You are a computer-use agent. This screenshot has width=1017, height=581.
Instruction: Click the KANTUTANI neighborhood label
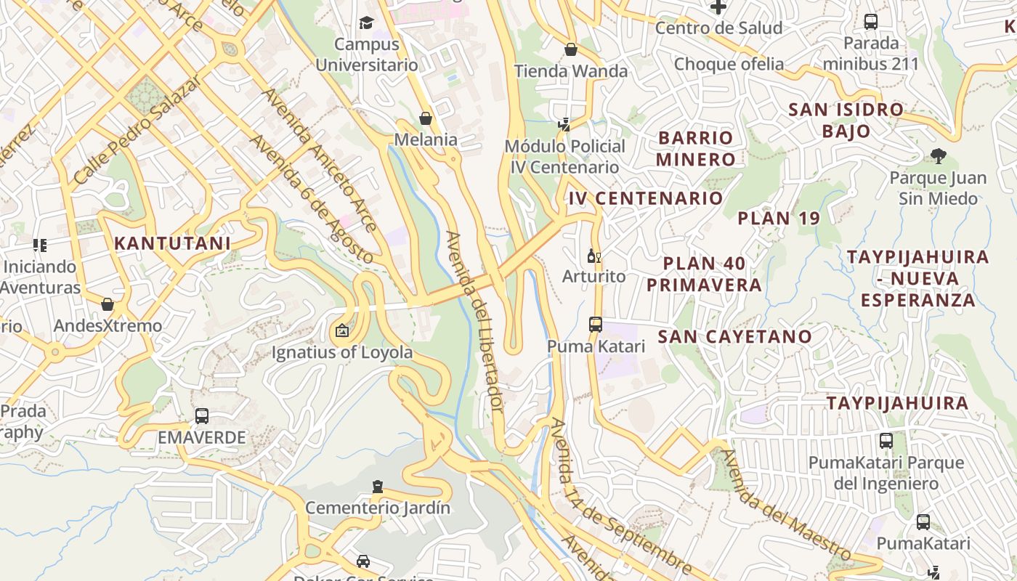[172, 243]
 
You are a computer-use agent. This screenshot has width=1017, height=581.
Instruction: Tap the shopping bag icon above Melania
[426, 118]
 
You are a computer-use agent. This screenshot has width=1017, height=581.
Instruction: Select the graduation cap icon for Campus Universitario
[366, 23]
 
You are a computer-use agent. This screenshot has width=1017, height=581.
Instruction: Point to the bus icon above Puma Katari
[596, 324]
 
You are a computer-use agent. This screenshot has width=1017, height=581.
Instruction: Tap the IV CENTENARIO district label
[646, 198]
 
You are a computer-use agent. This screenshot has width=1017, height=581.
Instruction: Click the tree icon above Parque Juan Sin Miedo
[938, 155]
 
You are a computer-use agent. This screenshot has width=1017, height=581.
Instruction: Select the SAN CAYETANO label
[734, 336]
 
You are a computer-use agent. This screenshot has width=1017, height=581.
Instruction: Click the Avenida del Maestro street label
[789, 505]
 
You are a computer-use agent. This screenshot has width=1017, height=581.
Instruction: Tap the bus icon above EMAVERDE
[202, 416]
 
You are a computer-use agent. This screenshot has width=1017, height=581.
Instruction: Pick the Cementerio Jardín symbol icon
[377, 486]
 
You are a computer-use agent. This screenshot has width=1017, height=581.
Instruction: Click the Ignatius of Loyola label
[342, 353]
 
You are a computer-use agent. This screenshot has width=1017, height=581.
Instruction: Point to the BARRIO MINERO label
[696, 148]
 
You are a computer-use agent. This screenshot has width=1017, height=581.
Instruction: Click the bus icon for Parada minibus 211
[871, 21]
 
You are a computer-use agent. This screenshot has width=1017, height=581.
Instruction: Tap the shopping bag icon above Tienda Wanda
[571, 49]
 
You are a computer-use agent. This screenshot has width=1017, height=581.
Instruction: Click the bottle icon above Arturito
[593, 256]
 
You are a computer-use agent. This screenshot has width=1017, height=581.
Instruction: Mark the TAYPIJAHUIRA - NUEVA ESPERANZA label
[917, 278]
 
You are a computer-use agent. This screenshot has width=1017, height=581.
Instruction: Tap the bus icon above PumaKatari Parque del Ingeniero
[886, 440]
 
